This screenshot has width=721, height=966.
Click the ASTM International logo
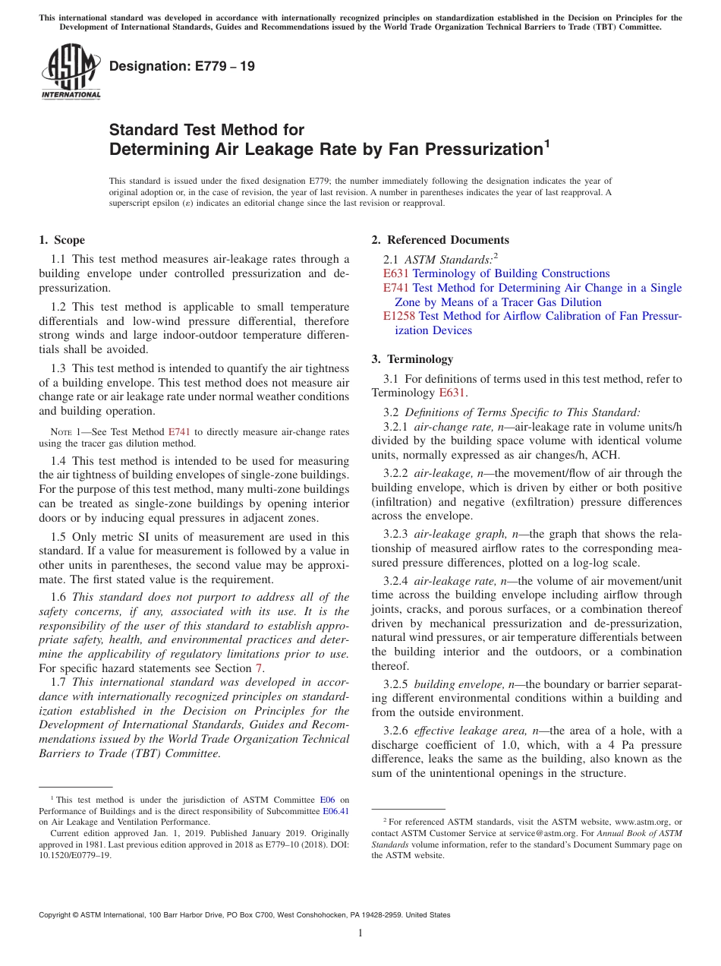pos(71,73)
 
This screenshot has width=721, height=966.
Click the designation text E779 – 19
pos(182,66)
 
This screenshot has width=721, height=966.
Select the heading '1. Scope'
pos(61,240)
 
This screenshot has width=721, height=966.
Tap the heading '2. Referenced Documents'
pos(440,240)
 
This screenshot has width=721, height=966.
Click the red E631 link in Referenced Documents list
pos(396,273)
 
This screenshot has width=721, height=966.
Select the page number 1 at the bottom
pos(360,933)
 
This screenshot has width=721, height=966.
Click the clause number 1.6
pos(59,597)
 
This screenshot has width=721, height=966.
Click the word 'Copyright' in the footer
pos(58,915)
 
